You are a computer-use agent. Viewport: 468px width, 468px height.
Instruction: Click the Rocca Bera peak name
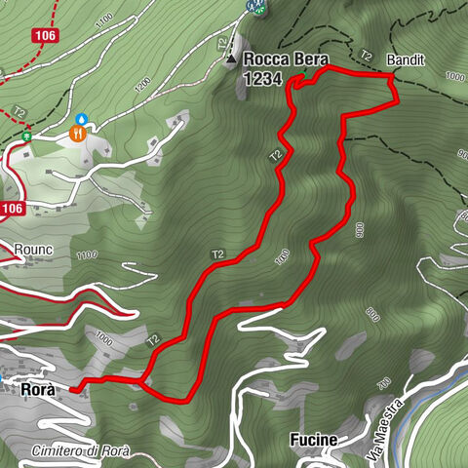[286, 58]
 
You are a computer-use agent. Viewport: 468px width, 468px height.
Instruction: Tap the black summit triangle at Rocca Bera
[231, 59]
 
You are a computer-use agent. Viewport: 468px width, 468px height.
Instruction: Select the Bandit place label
[405, 59]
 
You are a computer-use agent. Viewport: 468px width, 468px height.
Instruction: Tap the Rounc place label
[33, 250]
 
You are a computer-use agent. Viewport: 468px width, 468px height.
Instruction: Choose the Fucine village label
[313, 440]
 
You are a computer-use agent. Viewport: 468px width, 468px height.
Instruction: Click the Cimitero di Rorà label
[80, 451]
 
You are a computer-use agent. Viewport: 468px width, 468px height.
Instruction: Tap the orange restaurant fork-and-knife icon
[77, 134]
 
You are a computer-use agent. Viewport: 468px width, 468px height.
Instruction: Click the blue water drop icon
[82, 118]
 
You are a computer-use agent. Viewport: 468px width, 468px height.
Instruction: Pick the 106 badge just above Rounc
[11, 208]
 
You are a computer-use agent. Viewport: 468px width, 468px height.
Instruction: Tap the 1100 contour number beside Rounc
[87, 255]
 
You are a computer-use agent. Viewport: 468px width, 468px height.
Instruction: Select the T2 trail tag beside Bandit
[367, 56]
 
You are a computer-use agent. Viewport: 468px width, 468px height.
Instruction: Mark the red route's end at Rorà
[71, 387]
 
